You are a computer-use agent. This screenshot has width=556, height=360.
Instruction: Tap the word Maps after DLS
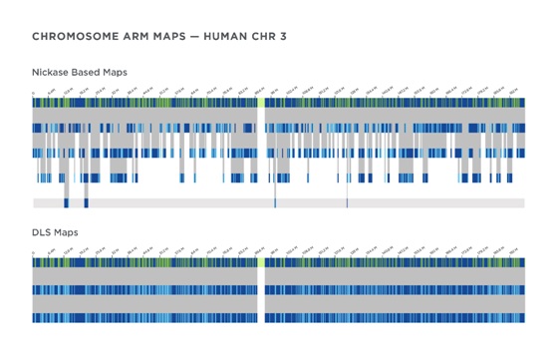(70, 232)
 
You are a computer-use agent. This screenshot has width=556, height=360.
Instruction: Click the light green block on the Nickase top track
(261, 101)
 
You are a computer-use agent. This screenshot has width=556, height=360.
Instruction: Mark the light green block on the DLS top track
(261, 262)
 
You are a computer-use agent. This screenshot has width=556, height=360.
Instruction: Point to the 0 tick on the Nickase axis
(34, 92)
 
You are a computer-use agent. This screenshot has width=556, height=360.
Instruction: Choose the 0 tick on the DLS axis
(34, 253)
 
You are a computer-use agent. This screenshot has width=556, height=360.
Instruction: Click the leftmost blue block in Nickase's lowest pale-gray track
(66, 203)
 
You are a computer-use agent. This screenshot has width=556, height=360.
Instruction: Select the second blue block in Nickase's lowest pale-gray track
(86, 203)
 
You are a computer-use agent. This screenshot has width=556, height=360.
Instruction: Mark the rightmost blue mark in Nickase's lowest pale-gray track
(347, 203)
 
